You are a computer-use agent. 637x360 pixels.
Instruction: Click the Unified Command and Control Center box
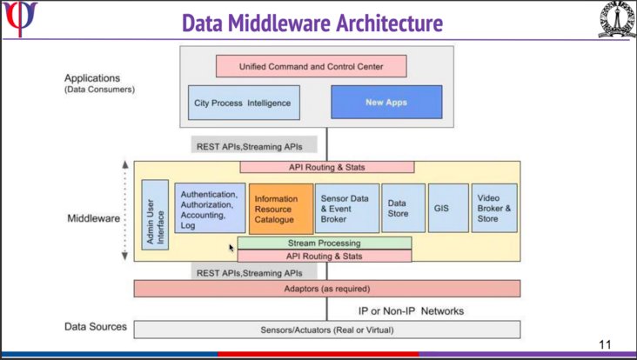(312, 66)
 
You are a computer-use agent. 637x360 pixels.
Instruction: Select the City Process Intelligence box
(244, 103)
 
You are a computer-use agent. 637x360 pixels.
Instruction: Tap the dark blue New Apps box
(386, 103)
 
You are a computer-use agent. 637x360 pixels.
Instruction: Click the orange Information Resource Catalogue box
(281, 209)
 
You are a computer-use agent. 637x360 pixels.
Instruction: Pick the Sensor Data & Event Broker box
(347, 208)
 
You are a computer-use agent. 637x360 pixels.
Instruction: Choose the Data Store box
(404, 208)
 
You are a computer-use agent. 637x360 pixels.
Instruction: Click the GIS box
(448, 208)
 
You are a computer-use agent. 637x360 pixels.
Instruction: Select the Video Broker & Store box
(494, 208)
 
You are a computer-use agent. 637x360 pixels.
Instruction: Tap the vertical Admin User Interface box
(155, 215)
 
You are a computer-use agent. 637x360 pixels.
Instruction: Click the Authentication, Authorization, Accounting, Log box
(210, 208)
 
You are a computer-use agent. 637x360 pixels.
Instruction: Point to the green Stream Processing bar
(325, 243)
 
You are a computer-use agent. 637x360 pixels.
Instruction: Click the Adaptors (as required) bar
(327, 289)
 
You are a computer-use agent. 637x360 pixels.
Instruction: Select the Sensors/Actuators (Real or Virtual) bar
(327, 330)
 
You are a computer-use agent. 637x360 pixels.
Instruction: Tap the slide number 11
(605, 344)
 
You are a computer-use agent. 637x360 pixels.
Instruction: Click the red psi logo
(19, 18)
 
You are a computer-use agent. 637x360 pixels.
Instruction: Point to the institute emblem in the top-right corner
(617, 19)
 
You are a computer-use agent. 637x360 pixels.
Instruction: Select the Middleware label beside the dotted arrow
(94, 218)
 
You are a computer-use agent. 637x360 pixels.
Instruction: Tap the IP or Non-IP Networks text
(411, 311)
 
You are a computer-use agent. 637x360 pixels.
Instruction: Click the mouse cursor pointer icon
(231, 248)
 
